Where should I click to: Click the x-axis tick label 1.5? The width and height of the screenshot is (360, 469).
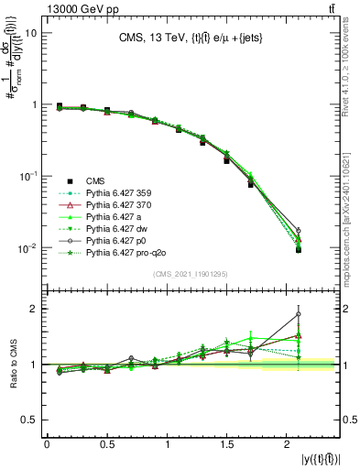pos(229,444)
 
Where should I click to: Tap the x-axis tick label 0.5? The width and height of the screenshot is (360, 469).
pos(107,444)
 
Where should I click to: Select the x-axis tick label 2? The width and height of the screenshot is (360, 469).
pos(289,444)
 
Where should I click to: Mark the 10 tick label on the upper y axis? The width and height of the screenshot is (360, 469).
pos(30,33)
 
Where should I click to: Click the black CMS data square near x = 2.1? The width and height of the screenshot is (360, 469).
pos(298,249)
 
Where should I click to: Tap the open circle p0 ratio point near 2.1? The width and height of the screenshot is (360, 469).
pos(298,314)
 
